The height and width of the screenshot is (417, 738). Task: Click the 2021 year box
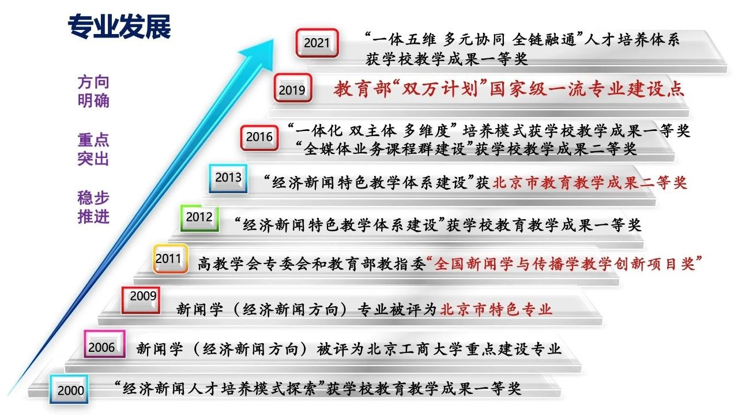pos(317,43)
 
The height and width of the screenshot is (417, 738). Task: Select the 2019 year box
pos(293,88)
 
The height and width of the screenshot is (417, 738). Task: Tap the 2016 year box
pos(259,138)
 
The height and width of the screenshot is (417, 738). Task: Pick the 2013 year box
pos(228,178)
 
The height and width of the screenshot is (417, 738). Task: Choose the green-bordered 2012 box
pos(199,218)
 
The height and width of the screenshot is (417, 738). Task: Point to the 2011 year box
pos(171,259)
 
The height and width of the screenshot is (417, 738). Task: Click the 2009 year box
pos(141,300)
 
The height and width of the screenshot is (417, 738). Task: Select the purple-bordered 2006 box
pos(104,344)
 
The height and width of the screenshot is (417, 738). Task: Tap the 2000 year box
pos(69,389)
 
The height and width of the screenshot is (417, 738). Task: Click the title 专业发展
pos(119,27)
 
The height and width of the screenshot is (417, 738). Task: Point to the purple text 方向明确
pos(93,91)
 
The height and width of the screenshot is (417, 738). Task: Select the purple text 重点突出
pos(93,149)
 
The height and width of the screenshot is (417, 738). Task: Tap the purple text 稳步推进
pos(93,207)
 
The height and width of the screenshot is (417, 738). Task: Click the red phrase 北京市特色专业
pos(496,310)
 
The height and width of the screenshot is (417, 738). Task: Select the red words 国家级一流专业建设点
pos(587,89)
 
